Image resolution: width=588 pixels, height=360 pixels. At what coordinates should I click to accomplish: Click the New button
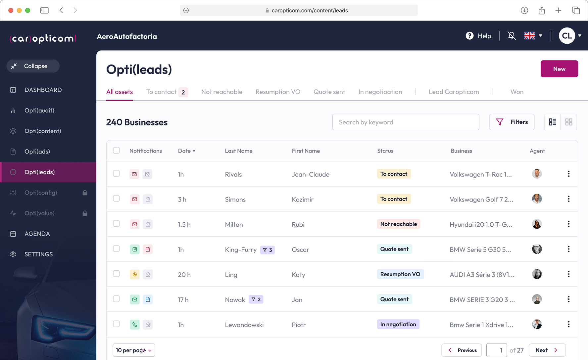point(559,69)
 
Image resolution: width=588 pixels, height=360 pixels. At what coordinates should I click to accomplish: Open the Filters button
point(512,122)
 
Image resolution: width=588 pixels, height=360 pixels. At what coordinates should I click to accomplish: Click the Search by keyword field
point(406,122)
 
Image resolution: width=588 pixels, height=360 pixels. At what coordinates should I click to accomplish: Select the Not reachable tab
point(221,92)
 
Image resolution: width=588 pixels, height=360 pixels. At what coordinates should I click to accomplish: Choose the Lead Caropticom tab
point(454,92)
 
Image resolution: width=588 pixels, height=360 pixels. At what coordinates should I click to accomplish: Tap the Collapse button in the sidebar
point(33,66)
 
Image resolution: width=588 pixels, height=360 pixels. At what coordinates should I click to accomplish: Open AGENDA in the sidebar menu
point(37,234)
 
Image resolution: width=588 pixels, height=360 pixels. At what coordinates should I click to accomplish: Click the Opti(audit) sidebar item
point(39,111)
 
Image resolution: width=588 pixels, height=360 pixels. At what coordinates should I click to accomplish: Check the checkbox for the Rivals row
point(116,173)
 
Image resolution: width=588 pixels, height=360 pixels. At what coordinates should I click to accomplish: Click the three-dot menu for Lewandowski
point(568,324)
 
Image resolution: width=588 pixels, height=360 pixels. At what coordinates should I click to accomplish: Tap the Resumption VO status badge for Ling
point(400,274)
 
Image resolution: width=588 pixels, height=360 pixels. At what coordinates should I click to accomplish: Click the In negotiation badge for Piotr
point(398,324)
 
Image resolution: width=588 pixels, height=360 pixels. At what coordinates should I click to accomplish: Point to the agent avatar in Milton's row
point(537,224)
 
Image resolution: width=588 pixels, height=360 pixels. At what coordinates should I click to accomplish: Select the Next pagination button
point(547,350)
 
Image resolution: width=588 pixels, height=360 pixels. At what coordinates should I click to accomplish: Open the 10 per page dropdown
point(134,350)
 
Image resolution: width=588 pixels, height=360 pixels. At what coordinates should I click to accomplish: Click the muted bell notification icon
point(512,36)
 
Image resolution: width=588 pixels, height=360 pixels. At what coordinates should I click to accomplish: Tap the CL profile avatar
point(566,36)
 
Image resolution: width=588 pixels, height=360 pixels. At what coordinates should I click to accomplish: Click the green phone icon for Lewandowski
point(134,325)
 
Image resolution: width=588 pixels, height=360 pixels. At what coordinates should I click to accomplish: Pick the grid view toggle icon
point(568,122)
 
